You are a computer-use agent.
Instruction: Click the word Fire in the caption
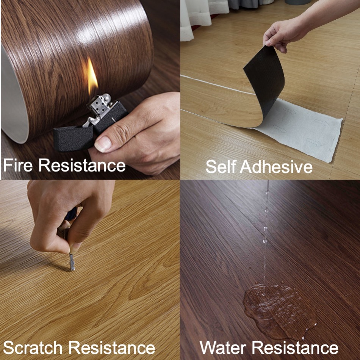[18, 165]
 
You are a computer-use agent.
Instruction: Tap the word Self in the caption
[221, 166]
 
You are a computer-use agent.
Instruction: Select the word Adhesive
[276, 166]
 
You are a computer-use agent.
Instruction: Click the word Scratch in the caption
[33, 347]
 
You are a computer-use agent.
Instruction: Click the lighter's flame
[92, 76]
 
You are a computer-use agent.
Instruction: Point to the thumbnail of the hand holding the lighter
[103, 144]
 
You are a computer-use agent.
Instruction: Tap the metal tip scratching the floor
[72, 263]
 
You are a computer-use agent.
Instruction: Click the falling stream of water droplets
[266, 232]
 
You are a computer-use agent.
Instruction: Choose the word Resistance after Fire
[82, 165]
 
